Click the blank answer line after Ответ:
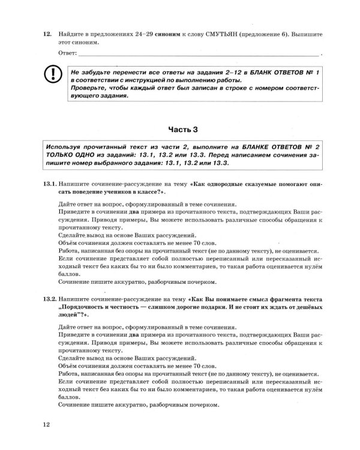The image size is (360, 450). (204, 55)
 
